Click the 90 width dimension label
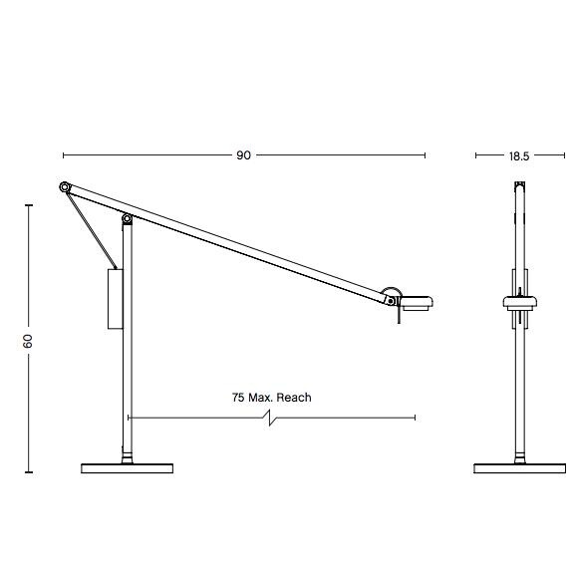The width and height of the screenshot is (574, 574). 243,155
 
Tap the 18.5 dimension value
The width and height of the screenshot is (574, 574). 518,155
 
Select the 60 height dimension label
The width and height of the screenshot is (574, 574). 29,340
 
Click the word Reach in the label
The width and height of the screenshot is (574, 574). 293,398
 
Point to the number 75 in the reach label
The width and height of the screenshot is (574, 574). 238,398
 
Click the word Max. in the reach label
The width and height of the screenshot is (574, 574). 261,398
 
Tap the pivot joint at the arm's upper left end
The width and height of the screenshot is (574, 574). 65,186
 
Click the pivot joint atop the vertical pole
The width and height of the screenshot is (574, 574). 127,219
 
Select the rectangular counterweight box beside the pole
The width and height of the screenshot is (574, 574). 115,298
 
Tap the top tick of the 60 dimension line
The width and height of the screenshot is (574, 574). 29,205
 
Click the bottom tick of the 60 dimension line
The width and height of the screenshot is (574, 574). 29,474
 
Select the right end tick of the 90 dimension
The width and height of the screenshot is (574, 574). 426,155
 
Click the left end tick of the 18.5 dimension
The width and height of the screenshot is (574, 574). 476,155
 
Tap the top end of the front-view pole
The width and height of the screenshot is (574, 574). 519,184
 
